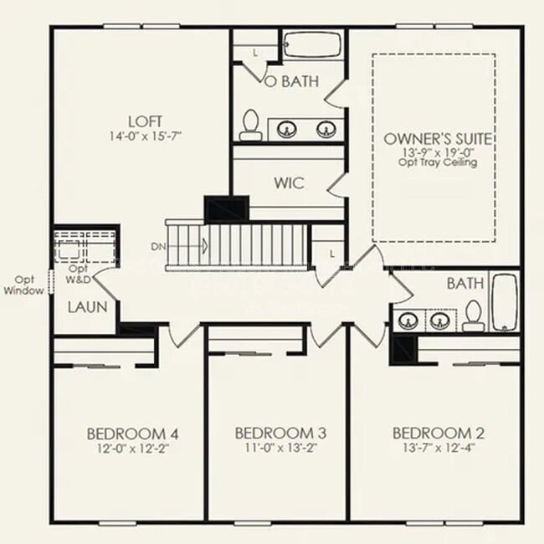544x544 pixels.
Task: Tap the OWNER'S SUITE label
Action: (437, 138)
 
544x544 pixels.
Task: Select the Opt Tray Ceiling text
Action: (437, 162)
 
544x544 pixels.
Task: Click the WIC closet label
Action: (288, 182)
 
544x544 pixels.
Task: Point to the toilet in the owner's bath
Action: (249, 126)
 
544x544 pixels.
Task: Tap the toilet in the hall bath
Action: (474, 314)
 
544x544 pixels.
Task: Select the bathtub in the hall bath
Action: (504, 302)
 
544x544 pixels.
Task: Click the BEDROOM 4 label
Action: (132, 434)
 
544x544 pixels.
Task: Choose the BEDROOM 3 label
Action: (280, 433)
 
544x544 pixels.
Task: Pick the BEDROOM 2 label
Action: (439, 433)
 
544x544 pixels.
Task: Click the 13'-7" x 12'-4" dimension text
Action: (439, 448)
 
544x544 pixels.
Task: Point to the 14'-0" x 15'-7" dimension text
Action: (145, 135)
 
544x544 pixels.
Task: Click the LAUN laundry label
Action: (88, 307)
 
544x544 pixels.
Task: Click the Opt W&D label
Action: (78, 274)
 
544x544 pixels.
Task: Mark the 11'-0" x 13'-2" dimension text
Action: (280, 448)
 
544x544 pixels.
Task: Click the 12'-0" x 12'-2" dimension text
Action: (132, 448)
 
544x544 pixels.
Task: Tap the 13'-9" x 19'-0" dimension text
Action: (437, 152)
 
